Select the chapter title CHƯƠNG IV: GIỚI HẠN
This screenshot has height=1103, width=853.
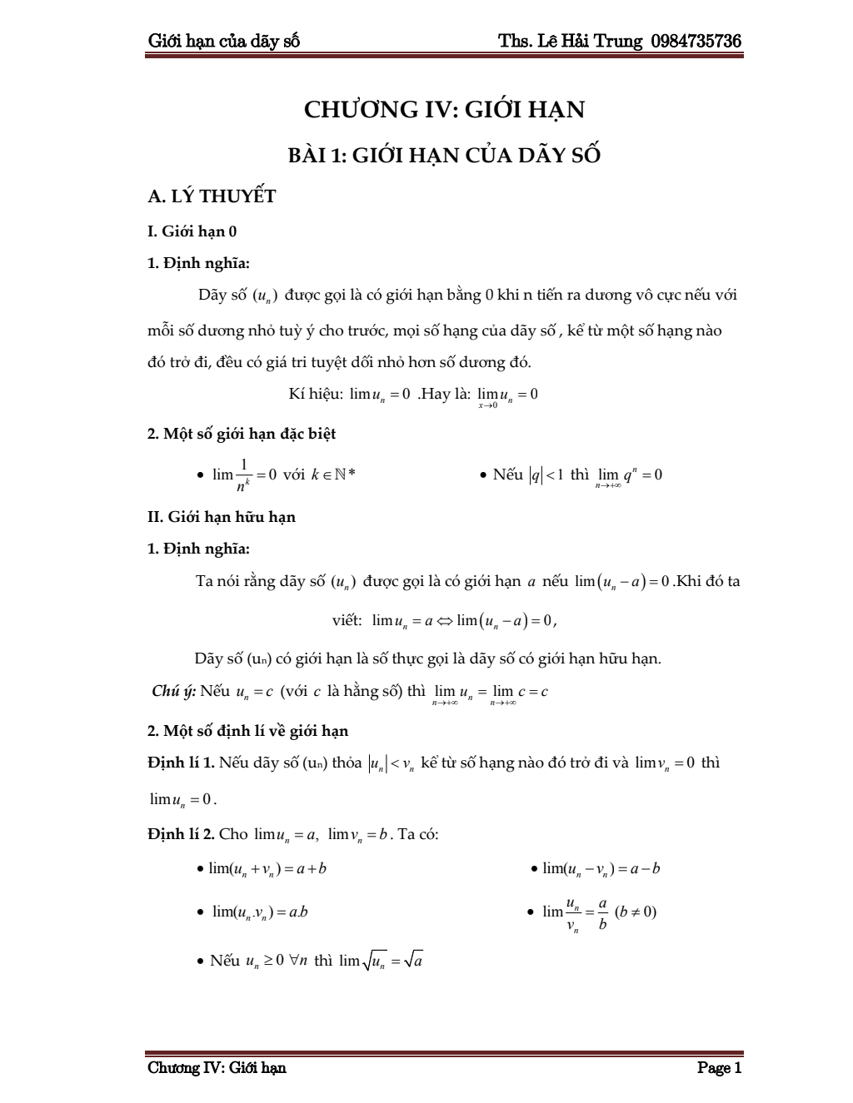click(x=444, y=110)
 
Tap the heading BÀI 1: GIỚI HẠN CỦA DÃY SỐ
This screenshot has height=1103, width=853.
click(x=444, y=156)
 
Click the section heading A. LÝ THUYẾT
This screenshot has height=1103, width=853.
click(x=212, y=196)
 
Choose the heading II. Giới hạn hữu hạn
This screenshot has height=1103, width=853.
click(x=222, y=517)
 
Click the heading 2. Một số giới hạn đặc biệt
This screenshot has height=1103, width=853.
click(x=242, y=434)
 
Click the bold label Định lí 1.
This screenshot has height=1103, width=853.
click(x=181, y=763)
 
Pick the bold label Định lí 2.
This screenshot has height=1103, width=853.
click(x=181, y=834)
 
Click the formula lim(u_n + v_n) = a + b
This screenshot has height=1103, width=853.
click(x=267, y=869)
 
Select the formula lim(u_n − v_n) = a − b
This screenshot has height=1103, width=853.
click(x=601, y=869)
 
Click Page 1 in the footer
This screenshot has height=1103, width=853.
click(x=719, y=1068)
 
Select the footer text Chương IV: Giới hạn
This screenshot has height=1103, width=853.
click(x=217, y=1068)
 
